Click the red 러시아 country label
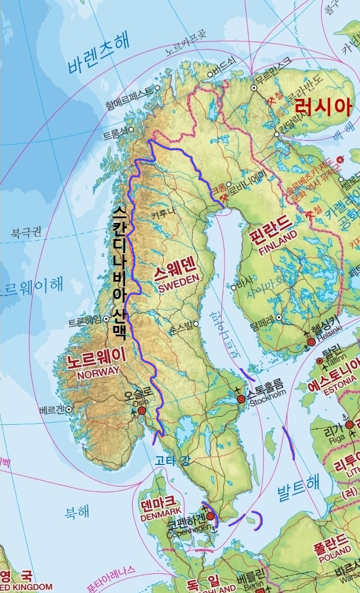click(323, 106)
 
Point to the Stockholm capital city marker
click(241, 399)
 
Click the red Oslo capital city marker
click(141, 411)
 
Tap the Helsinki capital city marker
click(311, 342)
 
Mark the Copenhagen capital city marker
click(211, 516)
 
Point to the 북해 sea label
click(77, 513)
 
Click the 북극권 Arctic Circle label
click(26, 234)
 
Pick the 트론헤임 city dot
click(106, 319)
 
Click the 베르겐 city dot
click(69, 409)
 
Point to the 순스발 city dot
click(196, 324)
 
